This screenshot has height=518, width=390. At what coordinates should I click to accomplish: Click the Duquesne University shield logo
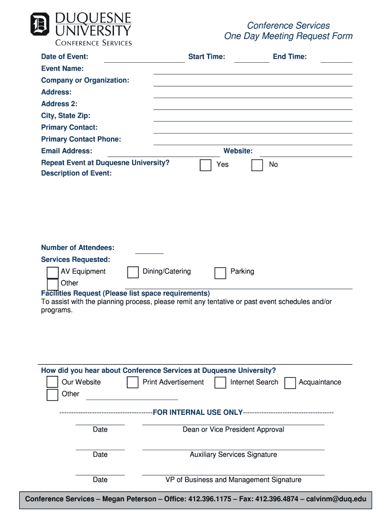tap(40, 24)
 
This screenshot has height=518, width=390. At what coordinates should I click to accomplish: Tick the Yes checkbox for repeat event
tap(206, 165)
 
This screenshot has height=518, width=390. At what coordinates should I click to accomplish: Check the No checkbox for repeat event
tap(257, 165)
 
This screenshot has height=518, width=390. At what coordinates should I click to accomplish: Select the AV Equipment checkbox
tap(53, 273)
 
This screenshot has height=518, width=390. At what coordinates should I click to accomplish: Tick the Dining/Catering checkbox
tap(133, 273)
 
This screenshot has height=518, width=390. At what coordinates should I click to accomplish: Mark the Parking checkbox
tap(220, 273)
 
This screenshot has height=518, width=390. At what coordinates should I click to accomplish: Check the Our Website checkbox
tap(52, 382)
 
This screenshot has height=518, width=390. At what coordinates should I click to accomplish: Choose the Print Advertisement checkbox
tap(133, 382)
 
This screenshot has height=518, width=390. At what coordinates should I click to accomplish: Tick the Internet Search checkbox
tap(220, 383)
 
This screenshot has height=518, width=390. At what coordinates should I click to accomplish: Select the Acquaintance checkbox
tap(290, 383)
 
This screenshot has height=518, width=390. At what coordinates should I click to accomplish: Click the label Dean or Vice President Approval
tap(233, 429)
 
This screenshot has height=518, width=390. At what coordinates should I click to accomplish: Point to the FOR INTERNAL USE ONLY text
tap(198, 412)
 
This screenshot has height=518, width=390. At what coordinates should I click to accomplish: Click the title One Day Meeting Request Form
tap(288, 36)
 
